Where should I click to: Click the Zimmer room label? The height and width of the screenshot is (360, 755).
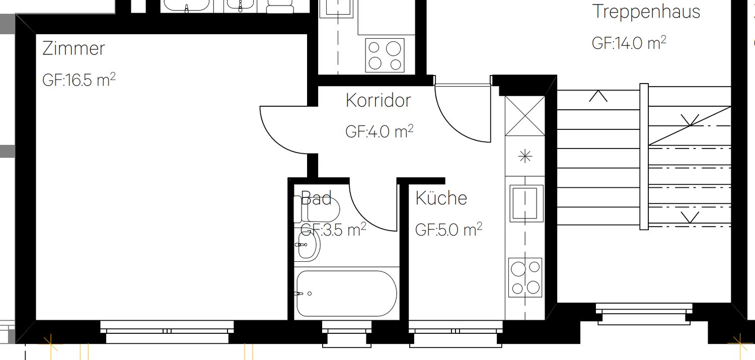tap(73, 48)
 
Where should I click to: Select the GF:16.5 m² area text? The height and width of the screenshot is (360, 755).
tap(79, 80)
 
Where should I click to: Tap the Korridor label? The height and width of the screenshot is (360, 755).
tap(378, 100)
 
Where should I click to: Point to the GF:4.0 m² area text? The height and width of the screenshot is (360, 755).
tap(379, 131)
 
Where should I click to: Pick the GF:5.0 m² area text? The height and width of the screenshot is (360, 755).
tap(448, 230)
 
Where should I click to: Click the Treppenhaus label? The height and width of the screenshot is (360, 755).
tap(646, 11)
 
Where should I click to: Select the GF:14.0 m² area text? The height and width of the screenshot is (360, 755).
tap(629, 43)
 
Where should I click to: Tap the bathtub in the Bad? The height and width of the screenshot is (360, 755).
tap(346, 293)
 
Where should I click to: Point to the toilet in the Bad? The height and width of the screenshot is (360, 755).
tap(317, 209)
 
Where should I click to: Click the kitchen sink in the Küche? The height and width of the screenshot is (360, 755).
tap(526, 203)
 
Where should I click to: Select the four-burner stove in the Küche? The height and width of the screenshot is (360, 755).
tap(525, 277)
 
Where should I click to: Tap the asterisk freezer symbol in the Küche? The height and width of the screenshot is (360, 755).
tap(525, 157)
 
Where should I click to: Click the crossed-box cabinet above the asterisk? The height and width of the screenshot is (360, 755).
tap(525, 116)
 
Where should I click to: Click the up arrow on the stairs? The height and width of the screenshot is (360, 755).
tap(598, 96)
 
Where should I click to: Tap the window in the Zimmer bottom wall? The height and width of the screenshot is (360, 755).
tap(167, 331)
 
